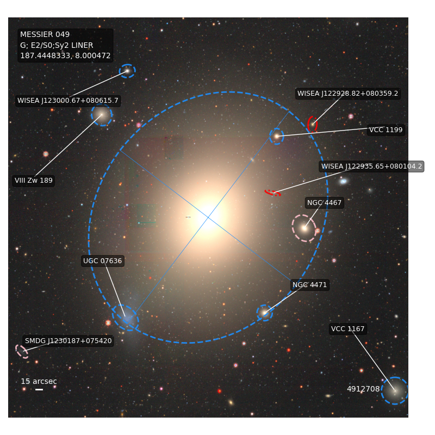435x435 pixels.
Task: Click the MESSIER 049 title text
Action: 45,34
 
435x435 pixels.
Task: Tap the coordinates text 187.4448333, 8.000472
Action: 65,56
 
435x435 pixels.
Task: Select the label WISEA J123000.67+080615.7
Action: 67,101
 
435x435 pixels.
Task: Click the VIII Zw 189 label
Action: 34,181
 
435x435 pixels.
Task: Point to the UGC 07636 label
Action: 102,261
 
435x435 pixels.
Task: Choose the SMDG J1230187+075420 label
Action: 69,341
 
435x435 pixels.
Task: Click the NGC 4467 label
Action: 324,203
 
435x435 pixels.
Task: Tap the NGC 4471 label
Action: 309,285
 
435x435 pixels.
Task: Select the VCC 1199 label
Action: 386,130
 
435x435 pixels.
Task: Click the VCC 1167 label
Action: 347,329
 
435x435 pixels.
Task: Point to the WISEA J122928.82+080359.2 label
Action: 347,94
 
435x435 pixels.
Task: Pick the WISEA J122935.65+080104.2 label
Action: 371,166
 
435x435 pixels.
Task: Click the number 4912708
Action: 363,389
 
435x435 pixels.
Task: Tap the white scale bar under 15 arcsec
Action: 39,389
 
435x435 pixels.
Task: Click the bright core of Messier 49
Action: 208,216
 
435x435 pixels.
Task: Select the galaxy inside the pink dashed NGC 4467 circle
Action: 304,228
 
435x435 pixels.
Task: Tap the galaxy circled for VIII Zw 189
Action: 102,115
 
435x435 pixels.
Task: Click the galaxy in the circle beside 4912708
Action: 395,390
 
